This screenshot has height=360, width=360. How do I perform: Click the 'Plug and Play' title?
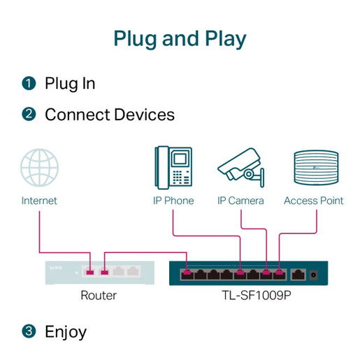point(180,38)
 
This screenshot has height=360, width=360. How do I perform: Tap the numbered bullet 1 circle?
point(29,84)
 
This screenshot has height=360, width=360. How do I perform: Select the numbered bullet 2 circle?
point(29,114)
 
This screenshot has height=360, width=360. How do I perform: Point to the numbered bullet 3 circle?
point(29,331)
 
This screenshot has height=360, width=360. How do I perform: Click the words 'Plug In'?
point(70,84)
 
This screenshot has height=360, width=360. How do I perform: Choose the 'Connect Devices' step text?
point(109,114)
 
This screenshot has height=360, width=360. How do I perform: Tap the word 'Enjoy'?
point(66,331)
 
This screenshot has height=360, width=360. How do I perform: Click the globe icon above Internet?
point(39,168)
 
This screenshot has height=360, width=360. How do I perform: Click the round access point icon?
point(313,168)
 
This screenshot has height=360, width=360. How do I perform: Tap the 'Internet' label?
point(39,201)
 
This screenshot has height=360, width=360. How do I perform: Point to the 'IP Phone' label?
point(173,201)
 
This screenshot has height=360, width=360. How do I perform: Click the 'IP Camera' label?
point(240,201)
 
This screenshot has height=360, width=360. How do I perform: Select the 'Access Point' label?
point(313,201)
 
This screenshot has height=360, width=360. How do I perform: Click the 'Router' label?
point(99,296)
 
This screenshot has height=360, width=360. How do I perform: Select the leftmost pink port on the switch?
point(187,273)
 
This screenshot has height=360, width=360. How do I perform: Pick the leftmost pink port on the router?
point(89,271)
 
